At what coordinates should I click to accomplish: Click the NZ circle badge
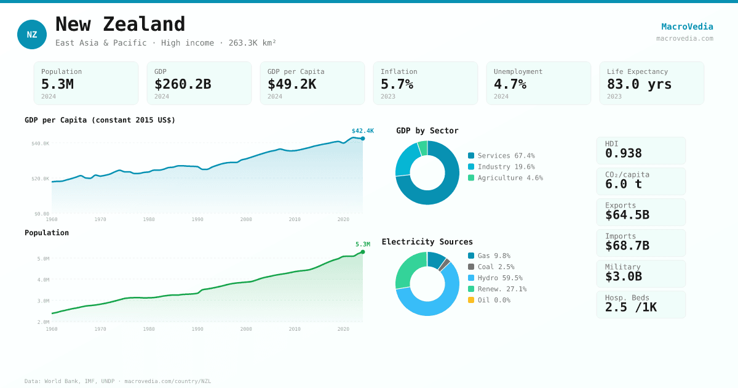[32, 34]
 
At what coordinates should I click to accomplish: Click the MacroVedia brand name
[687, 26]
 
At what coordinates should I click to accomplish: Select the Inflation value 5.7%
[397, 84]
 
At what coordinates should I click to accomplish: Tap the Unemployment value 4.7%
[510, 84]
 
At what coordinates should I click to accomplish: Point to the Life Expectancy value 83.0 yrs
[639, 84]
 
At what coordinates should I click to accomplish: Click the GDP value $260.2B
[183, 84]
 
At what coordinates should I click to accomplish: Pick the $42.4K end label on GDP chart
[362, 131]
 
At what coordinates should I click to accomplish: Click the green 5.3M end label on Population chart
[362, 245]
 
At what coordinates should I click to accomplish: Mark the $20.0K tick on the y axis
[41, 179]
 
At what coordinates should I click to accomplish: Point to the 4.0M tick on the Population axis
[43, 280]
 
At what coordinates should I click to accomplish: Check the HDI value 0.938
[623, 153]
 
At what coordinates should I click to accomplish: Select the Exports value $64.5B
[627, 215]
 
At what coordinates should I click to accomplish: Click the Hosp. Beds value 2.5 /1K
[630, 307]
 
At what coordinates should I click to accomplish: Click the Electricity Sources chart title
[427, 242]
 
